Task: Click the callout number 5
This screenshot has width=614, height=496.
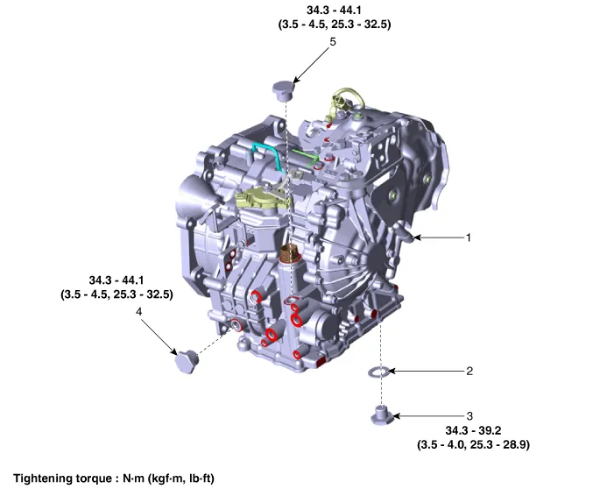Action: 333,41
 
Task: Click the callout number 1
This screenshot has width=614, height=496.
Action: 469,237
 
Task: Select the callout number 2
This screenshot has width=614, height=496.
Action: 469,371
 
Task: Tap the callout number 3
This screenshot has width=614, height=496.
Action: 469,415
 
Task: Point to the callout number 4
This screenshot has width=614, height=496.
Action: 138,311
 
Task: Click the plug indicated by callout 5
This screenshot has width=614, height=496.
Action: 284,91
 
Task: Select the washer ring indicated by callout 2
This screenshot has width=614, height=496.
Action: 378,372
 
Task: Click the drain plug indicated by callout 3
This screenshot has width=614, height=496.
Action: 382,415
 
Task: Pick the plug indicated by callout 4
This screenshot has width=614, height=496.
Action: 187,361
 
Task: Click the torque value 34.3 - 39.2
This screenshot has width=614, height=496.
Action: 473,430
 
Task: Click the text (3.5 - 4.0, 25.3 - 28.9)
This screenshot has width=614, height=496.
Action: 473,445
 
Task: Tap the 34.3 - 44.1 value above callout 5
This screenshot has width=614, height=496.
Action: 334,10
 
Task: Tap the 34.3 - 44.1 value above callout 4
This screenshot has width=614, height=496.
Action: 116,280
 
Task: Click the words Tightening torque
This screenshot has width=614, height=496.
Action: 63,478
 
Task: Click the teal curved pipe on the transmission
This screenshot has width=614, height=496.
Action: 267,155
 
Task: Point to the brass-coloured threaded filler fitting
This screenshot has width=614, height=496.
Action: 290,252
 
